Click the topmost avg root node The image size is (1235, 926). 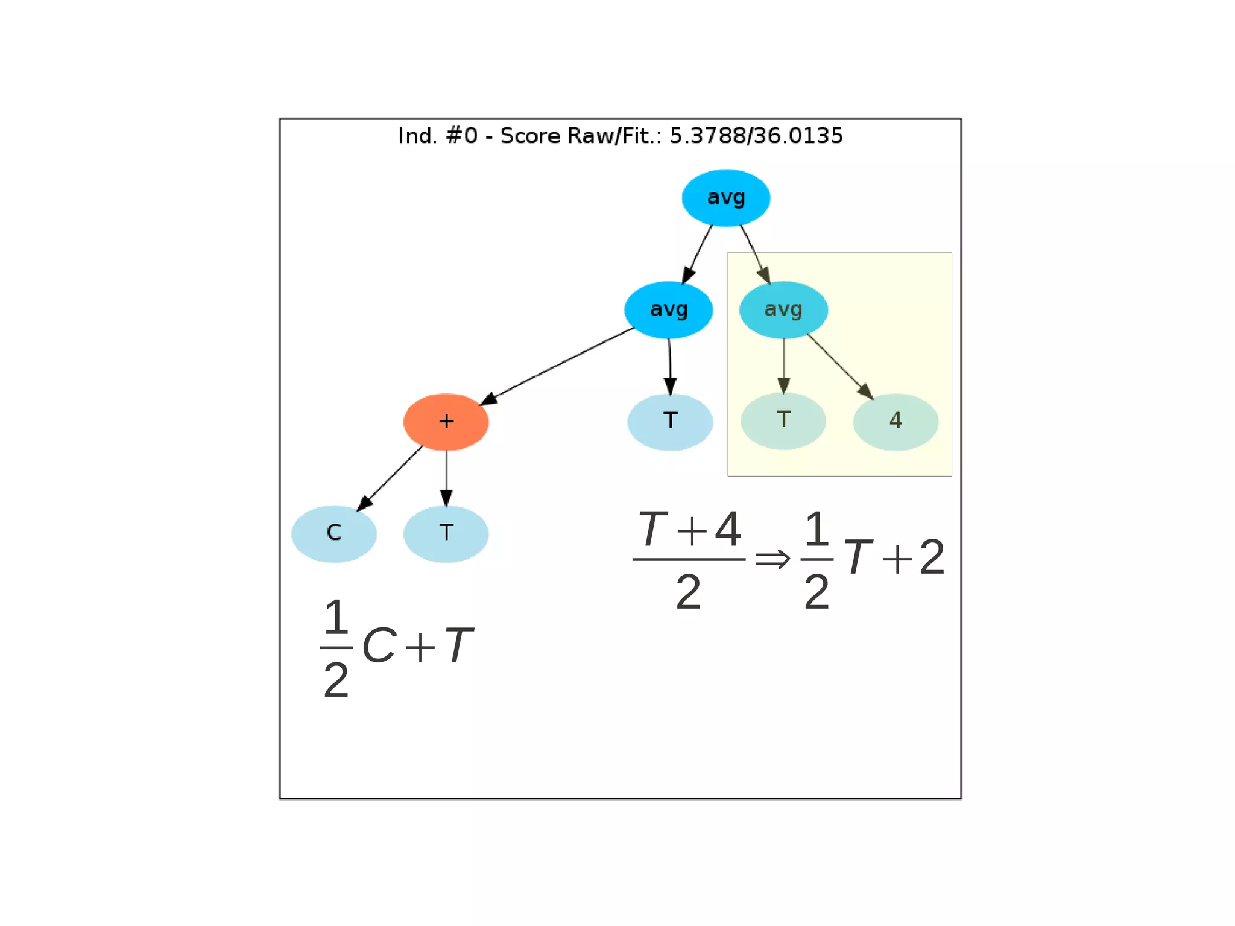coord(725,198)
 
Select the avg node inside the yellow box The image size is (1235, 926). coord(783,309)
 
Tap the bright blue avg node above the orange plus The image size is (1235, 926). coord(668,309)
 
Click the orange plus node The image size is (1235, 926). coord(446,421)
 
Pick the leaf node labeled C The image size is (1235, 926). coord(333,533)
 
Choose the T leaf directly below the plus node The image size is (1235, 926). coord(446,533)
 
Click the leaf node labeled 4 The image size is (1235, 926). coord(895,421)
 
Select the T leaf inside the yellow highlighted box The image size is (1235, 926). coord(783,420)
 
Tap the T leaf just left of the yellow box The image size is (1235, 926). coord(669,421)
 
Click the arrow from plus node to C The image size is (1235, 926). coord(391,478)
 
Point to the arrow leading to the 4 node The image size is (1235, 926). coord(839,366)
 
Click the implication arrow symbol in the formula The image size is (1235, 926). coord(772,559)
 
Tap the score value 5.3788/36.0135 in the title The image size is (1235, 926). coord(756,136)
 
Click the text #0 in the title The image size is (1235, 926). coord(461,136)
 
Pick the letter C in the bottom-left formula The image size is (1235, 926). coord(379,645)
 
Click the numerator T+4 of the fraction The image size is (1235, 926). coord(689,530)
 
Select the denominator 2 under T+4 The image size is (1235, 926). coord(688,592)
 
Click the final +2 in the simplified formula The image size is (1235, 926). coord(914,557)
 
